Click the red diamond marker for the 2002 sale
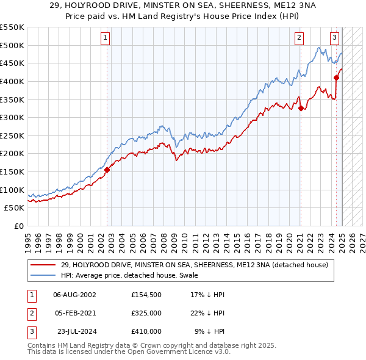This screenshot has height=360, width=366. pos(107,170)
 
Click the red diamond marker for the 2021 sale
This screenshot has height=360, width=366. pos(301,109)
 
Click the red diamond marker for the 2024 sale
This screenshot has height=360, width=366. pos(336,77)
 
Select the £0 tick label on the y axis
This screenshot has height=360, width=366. pos(18,226)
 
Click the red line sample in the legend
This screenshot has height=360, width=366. pos(43,265)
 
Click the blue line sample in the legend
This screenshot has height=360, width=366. pos(43,275)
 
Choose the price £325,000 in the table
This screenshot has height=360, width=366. pos(146,314)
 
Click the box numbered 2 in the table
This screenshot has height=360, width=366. pos(30,314)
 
